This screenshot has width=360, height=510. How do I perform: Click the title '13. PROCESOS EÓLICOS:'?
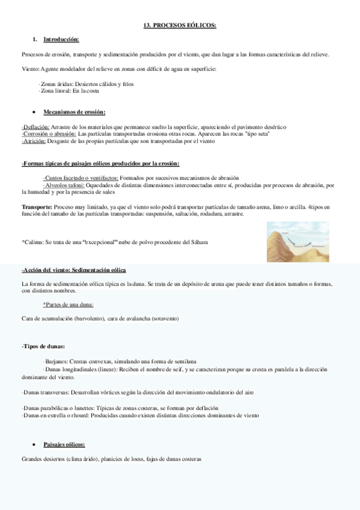180,26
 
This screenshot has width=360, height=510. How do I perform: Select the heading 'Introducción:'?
61,40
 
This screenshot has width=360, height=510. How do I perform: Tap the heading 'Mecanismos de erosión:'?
75,112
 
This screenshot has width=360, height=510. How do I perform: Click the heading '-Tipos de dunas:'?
43,347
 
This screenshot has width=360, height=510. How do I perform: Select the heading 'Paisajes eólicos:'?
64,444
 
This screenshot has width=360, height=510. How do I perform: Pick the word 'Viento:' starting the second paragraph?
31,69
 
